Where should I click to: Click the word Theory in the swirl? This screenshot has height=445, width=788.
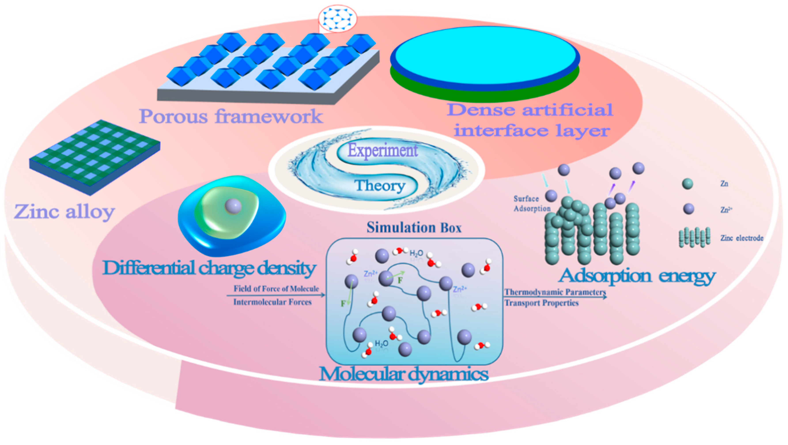pyautogui.click(x=380, y=185)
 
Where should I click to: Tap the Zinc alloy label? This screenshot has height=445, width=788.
pyautogui.click(x=64, y=212)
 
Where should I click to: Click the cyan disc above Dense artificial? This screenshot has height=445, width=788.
pyautogui.click(x=485, y=55)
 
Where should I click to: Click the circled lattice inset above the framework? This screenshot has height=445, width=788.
pyautogui.click(x=337, y=18)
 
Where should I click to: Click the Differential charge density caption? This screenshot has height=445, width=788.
pyautogui.click(x=209, y=268)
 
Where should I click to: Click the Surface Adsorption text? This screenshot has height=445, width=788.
pyautogui.click(x=531, y=203)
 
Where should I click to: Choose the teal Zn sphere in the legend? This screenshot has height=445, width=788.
pyautogui.click(x=688, y=184)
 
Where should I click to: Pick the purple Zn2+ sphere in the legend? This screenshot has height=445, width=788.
pyautogui.click(x=688, y=209)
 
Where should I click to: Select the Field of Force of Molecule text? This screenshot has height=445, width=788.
pyautogui.click(x=276, y=289)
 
